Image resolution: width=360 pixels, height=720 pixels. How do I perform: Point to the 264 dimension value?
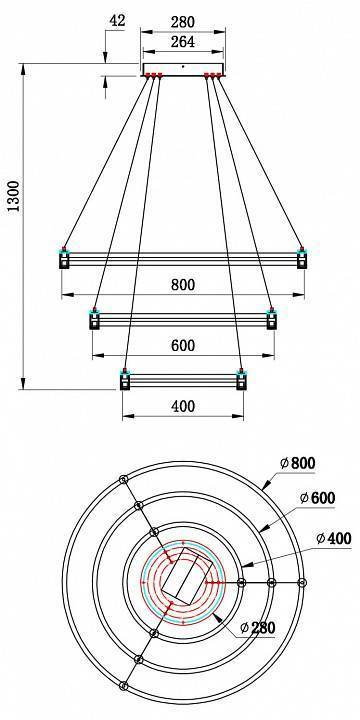pos(181,42)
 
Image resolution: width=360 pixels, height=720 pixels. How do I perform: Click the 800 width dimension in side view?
pos(181,285)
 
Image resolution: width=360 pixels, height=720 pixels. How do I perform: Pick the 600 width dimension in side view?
pos(181,346)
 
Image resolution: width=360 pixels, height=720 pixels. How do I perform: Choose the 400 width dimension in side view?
pos(181,407)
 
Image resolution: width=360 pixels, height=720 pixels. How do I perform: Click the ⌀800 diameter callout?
pos(298,462)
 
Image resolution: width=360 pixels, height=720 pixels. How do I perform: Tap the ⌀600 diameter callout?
pos(318,498)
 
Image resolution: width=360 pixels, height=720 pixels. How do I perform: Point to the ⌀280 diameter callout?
pos(259,627)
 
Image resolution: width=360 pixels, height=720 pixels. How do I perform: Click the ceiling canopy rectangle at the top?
pos(182,68)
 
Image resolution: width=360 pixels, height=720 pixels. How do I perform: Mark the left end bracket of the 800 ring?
pos(64,259)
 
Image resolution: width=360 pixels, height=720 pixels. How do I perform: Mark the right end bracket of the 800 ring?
pos(300,259)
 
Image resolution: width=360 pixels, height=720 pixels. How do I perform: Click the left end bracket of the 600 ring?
pos(95,320)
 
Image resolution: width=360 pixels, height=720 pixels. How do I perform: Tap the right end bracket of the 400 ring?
pos(240,381)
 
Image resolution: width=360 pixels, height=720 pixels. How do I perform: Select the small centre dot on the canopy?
pos(182,66)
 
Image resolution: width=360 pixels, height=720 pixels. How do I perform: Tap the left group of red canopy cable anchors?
pos(153,76)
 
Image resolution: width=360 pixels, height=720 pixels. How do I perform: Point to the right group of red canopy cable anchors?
pos(213,76)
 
